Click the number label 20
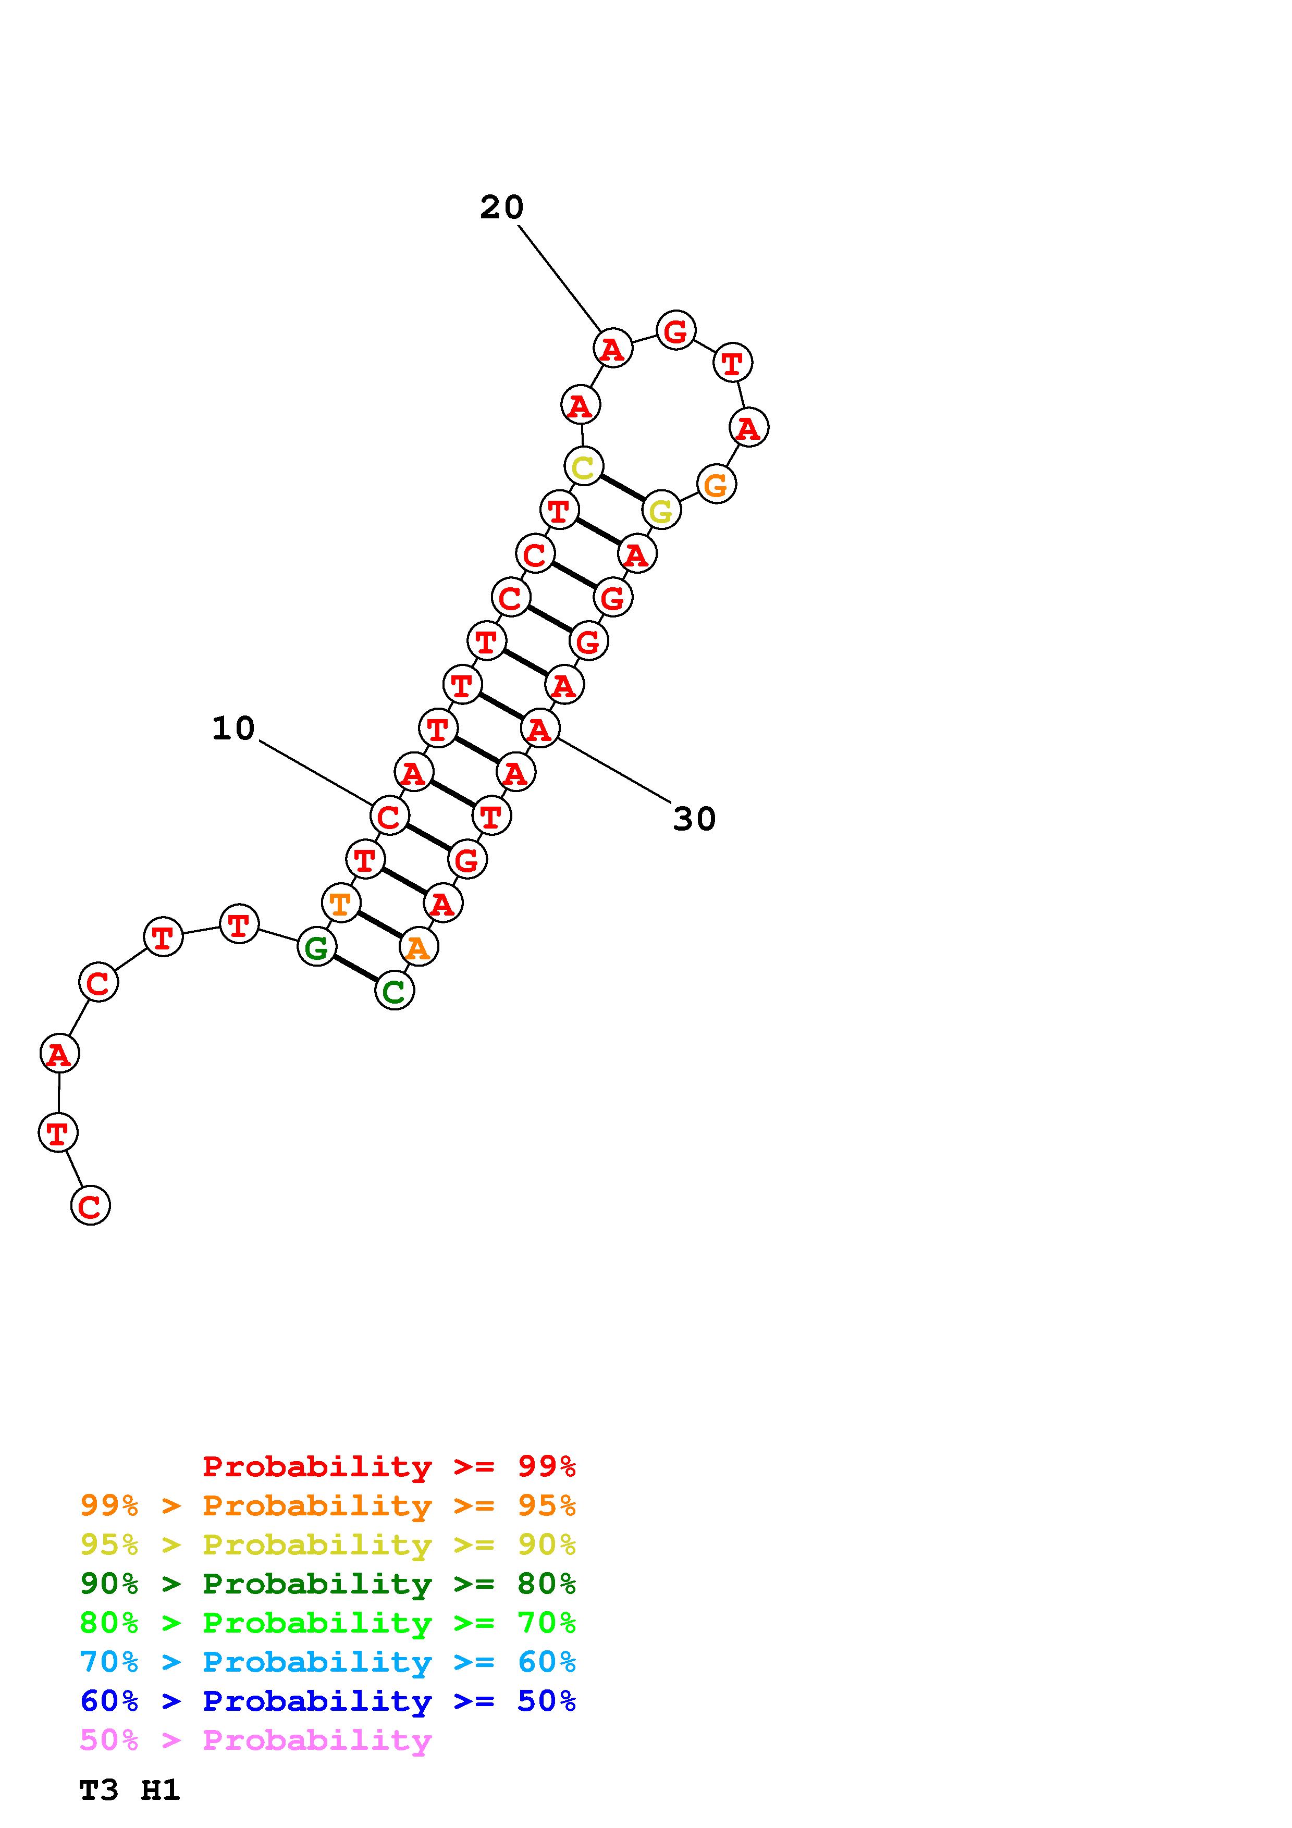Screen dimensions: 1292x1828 click(x=501, y=208)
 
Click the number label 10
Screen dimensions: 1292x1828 click(x=233, y=728)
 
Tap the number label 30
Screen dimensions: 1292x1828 click(x=694, y=819)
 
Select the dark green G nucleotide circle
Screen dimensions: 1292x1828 click(x=317, y=947)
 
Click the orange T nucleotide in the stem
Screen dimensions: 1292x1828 click(x=341, y=904)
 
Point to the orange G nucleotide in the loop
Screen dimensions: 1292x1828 click(x=716, y=484)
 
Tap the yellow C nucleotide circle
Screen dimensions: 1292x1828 click(x=584, y=466)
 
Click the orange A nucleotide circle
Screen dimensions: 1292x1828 click(x=419, y=947)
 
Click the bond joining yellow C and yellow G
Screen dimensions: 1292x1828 click(x=622, y=488)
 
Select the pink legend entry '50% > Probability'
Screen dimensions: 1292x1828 click(x=255, y=1740)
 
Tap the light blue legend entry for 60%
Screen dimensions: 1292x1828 click(x=327, y=1662)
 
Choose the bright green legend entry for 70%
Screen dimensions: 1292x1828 click(x=327, y=1623)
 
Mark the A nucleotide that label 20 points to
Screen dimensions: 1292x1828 click(x=612, y=348)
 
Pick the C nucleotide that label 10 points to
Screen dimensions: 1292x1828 click(x=389, y=816)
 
